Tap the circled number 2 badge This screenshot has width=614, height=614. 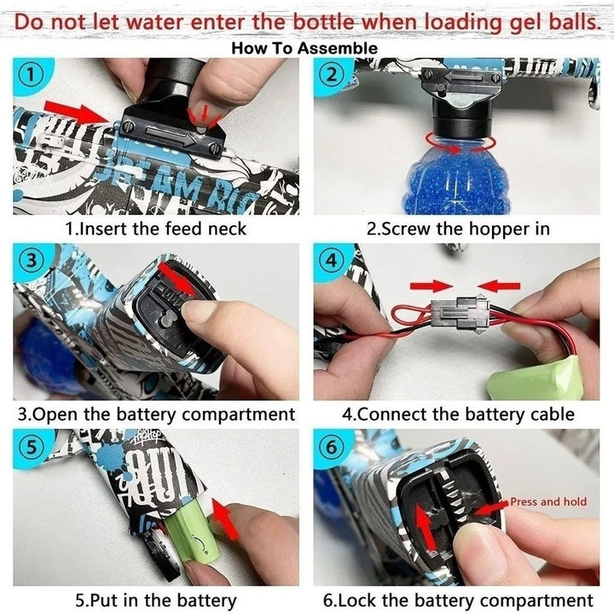(331, 74)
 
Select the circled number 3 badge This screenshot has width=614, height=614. (31, 260)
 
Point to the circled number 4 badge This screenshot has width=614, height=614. (331, 260)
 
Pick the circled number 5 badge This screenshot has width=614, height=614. (31, 447)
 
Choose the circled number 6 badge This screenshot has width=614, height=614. (331, 446)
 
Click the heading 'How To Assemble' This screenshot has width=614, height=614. (304, 48)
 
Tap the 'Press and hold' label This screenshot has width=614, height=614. (548, 501)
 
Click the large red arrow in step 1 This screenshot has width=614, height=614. (77, 110)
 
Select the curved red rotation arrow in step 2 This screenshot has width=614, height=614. (460, 143)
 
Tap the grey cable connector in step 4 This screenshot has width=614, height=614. (460, 313)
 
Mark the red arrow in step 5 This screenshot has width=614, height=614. (226, 518)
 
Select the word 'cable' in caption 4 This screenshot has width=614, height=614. (552, 414)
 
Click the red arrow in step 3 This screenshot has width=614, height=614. (177, 279)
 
